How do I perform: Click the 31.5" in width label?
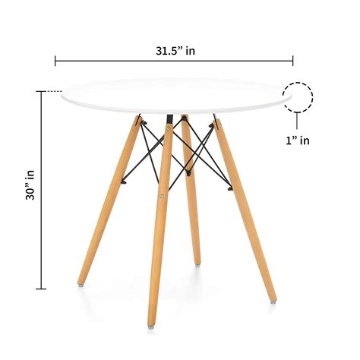pyautogui.click(x=174, y=52)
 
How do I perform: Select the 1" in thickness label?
pyautogui.click(x=298, y=140)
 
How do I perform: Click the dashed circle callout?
pyautogui.click(x=298, y=97)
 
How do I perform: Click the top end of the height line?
pyautogui.click(x=39, y=92)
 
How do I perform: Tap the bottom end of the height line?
pyautogui.click(x=39, y=289)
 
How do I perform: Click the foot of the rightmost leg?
pyautogui.click(x=272, y=300)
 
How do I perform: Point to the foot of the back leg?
pyautogui.click(x=197, y=263)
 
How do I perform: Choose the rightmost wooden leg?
pyautogui.click(x=245, y=209)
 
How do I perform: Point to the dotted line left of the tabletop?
pyautogui.click(x=51, y=92)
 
